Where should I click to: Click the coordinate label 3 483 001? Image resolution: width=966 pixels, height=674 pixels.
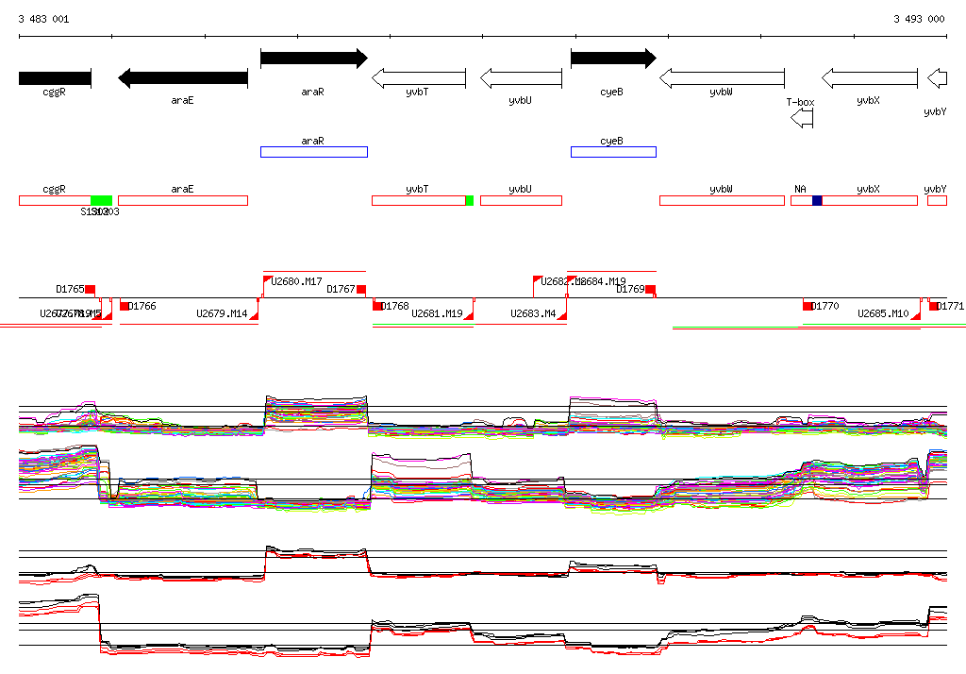click(x=43, y=19)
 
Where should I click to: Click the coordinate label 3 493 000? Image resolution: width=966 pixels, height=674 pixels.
click(x=919, y=19)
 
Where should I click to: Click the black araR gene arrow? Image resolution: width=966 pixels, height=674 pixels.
click(x=313, y=59)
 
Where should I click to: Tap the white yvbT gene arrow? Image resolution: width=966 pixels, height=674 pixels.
click(x=419, y=78)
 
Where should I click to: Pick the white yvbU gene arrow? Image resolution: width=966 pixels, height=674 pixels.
click(x=521, y=78)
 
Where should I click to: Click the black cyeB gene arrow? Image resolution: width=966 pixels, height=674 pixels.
click(x=613, y=59)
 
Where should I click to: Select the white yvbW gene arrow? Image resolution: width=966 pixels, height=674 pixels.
click(x=722, y=78)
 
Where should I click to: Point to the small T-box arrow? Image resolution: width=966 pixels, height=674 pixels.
click(x=801, y=118)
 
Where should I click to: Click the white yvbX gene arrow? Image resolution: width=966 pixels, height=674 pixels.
click(x=869, y=78)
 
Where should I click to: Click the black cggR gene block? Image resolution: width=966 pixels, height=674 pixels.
click(x=55, y=78)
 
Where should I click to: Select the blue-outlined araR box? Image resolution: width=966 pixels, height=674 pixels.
click(x=313, y=152)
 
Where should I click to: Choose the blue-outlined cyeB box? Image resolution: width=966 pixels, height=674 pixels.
click(x=613, y=152)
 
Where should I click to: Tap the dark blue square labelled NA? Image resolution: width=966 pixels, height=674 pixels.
click(x=817, y=200)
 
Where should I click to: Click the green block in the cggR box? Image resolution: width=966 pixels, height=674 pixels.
click(x=101, y=200)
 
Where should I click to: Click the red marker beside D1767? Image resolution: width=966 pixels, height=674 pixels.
click(x=360, y=289)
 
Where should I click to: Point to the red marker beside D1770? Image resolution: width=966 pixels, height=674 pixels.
click(x=808, y=306)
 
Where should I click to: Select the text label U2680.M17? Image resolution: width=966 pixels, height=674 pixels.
click(x=296, y=281)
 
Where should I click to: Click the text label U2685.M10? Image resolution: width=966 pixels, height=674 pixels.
click(x=883, y=313)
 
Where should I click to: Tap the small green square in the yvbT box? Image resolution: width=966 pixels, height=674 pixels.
click(x=469, y=200)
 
